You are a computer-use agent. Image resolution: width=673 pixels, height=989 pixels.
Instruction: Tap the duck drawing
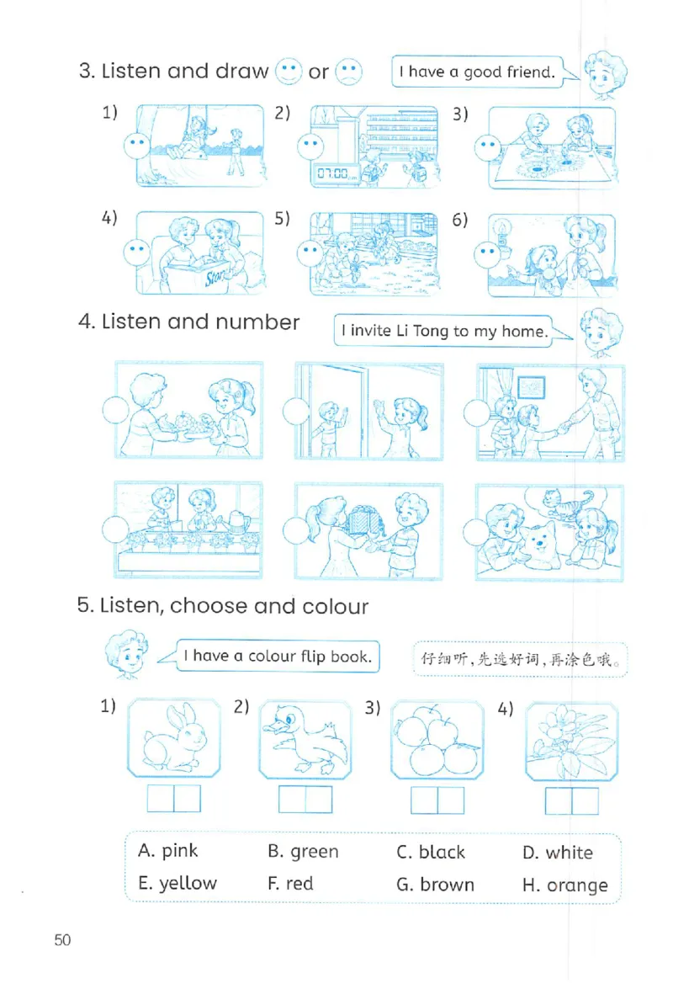tap(305, 739)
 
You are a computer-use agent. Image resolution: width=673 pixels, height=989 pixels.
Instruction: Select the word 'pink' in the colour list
tap(179, 851)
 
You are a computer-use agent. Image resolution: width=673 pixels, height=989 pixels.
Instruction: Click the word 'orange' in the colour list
tap(577, 885)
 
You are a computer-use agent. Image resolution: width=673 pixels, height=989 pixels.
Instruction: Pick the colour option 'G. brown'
tap(435, 885)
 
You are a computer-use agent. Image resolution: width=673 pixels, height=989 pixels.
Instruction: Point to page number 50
tap(62, 940)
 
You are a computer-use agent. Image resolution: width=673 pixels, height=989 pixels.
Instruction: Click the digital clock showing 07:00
tap(334, 173)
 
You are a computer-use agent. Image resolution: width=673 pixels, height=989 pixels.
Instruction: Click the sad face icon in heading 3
tap(348, 72)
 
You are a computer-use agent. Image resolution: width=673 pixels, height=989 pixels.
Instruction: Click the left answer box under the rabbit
tap(161, 799)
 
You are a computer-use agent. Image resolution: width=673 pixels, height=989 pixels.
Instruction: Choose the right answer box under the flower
tap(586, 801)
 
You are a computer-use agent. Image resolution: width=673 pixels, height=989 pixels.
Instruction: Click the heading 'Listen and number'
tap(200, 322)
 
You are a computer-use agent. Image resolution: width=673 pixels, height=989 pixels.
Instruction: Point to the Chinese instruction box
tap(521, 659)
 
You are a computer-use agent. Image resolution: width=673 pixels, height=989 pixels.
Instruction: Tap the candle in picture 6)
tap(502, 232)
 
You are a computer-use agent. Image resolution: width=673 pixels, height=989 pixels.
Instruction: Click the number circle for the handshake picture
tap(477, 412)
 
